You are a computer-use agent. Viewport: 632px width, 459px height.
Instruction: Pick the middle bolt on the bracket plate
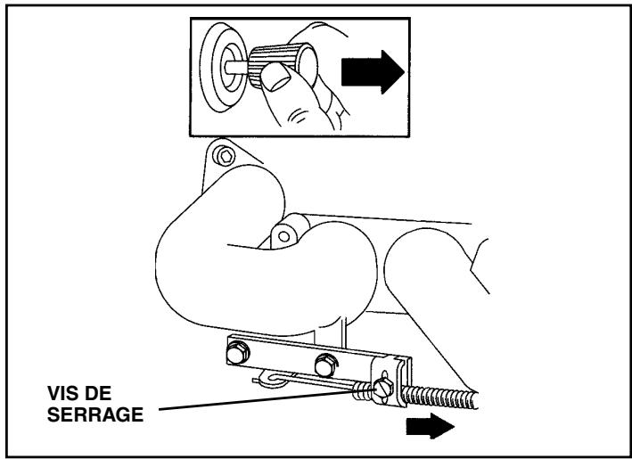(324, 364)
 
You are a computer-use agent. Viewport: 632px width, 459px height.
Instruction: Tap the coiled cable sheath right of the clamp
(446, 397)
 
